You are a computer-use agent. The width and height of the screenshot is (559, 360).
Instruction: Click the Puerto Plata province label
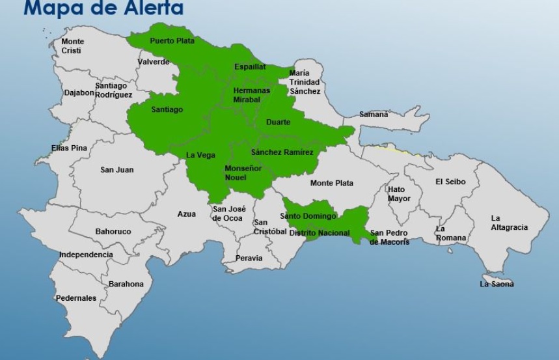(172, 41)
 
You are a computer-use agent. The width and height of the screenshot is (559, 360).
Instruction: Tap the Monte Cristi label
(72, 46)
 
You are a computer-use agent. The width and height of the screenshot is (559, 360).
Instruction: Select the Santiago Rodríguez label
(113, 90)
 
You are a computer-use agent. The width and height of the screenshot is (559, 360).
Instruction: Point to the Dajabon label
(79, 92)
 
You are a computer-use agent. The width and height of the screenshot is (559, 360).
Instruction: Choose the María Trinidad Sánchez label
(305, 82)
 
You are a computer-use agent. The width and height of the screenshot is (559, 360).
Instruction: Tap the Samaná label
(374, 115)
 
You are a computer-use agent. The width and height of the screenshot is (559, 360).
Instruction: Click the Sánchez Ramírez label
(282, 152)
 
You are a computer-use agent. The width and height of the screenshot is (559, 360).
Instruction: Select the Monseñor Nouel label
(243, 173)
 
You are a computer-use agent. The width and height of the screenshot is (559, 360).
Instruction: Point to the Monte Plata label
(331, 184)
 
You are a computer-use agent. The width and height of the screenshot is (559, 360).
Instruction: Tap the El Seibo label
(450, 182)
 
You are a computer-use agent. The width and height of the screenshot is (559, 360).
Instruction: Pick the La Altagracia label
(509, 223)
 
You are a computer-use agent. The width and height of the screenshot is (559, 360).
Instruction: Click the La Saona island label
(497, 284)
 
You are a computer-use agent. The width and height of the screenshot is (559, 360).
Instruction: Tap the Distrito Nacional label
(319, 233)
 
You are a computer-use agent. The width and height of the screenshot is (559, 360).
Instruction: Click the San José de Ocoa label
(228, 214)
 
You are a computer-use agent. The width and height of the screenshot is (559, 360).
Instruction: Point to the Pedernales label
(76, 298)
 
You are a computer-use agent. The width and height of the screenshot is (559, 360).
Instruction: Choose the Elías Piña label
(69, 148)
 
